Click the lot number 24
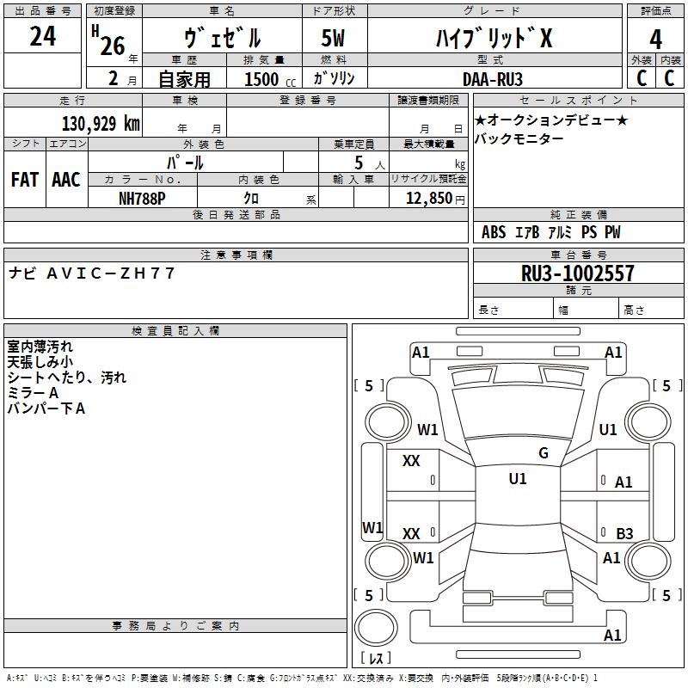[42, 36]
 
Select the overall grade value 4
[655, 39]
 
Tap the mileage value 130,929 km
[101, 124]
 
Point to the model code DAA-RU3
[493, 79]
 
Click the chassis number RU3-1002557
[577, 273]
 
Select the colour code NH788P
[142, 199]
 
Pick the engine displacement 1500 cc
[270, 79]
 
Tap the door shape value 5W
[333, 38]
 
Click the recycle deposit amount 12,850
[429, 199]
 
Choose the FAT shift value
[25, 180]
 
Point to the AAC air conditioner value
[66, 180]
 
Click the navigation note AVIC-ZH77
[111, 273]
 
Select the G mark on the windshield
[544, 453]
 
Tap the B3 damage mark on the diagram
[624, 533]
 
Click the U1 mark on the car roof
[518, 479]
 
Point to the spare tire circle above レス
[376, 628]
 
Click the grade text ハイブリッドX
[494, 38]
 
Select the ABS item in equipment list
[494, 232]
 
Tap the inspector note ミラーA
[33, 393]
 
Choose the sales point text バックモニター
[519, 138]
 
